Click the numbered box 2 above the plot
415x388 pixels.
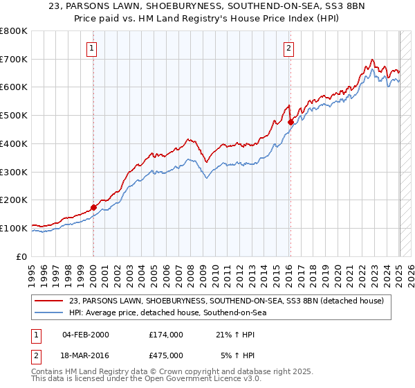click(x=288, y=48)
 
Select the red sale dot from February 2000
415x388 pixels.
click(x=93, y=207)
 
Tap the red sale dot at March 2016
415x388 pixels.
click(x=290, y=123)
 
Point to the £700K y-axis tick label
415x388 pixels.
click(x=14, y=60)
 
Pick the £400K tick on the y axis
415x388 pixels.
click(x=14, y=144)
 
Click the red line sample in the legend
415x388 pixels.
click(x=48, y=301)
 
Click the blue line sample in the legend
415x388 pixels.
click(x=48, y=312)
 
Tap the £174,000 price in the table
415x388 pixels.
click(x=165, y=335)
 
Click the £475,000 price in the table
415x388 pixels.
click(x=165, y=355)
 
